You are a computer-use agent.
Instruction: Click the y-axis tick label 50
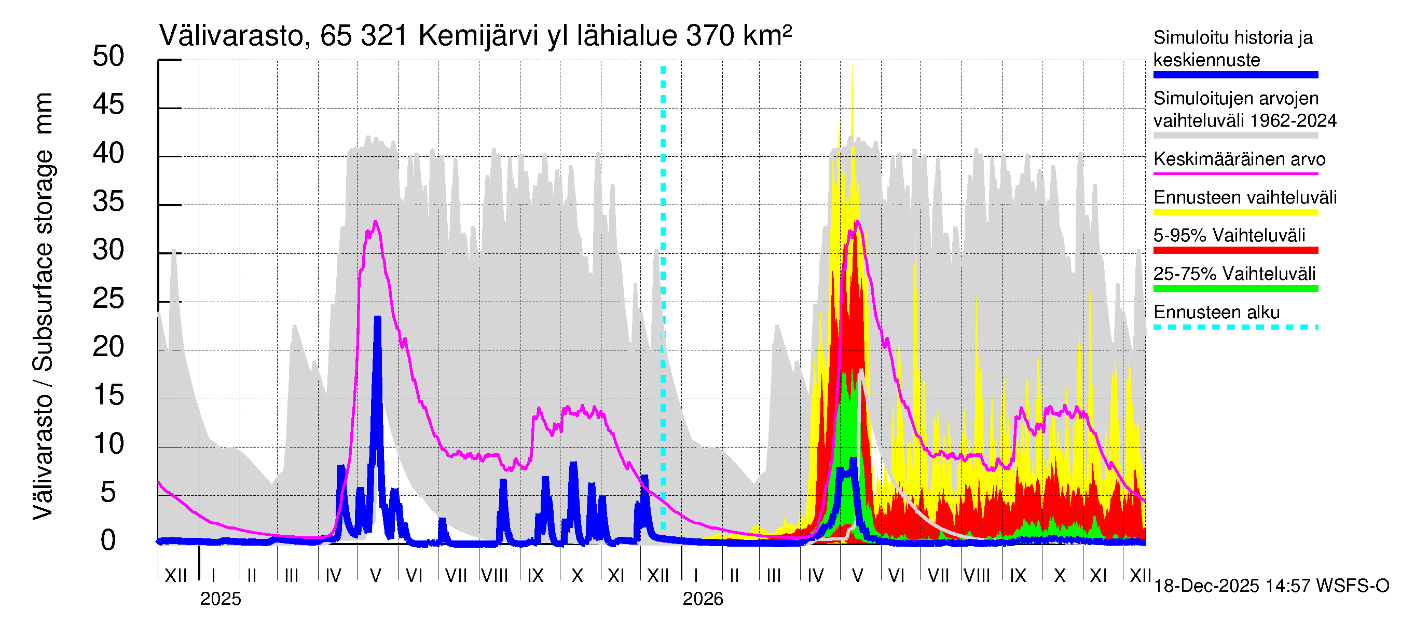(108, 57)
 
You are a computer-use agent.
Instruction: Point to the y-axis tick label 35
(108, 202)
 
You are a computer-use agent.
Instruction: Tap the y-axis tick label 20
(108, 347)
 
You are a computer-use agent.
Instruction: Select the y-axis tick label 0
(108, 541)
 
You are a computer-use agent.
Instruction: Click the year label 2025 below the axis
(220, 599)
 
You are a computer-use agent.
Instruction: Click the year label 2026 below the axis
(703, 599)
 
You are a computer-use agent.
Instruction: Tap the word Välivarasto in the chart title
(231, 36)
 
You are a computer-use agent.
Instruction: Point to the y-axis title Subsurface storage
(43, 261)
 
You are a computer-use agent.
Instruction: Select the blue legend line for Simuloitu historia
(1235, 75)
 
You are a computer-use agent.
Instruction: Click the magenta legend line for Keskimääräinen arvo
(1235, 173)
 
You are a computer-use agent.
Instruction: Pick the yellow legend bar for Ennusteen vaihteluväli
(1235, 212)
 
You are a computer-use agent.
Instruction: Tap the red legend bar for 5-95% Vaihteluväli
(1235, 250)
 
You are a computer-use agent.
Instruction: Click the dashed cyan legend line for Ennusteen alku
(1235, 327)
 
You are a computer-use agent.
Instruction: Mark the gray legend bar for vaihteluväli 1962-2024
(1235, 136)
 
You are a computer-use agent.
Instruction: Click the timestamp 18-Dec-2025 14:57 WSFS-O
(1271, 586)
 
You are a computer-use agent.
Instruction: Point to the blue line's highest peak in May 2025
(377, 318)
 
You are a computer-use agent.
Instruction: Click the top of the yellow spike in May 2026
(851, 66)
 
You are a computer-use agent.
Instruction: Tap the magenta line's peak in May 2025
(375, 222)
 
